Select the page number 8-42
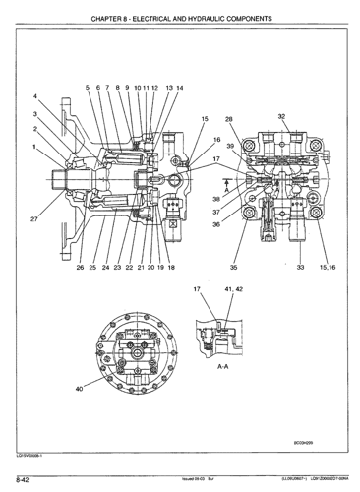(20, 479)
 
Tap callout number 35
(233, 267)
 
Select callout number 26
(80, 267)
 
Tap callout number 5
(87, 87)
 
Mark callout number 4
(35, 95)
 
